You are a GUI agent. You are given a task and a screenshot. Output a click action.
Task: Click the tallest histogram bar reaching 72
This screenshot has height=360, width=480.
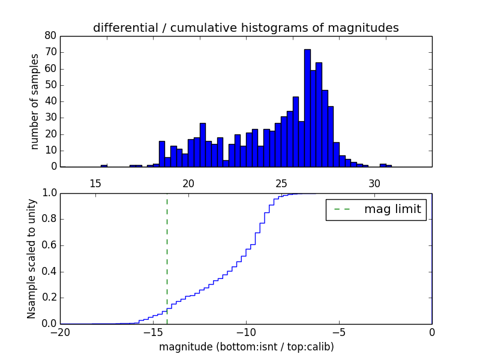[x=307, y=108]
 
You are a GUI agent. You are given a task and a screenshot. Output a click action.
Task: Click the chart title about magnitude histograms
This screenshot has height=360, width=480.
[x=245, y=28]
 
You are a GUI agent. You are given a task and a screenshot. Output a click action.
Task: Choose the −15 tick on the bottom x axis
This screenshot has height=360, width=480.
[x=152, y=332]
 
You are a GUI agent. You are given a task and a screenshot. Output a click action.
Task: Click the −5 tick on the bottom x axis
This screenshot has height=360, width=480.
[x=338, y=332]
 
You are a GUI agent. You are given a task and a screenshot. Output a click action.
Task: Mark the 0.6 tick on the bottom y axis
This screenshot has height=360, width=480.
[x=49, y=245]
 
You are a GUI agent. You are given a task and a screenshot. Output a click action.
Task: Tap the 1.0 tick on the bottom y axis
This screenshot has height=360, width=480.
[x=49, y=193]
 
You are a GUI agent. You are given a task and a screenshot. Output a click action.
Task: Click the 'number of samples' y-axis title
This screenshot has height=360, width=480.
[x=35, y=101]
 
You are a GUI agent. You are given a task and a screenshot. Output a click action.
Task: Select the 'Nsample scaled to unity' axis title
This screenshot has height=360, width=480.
[x=32, y=259]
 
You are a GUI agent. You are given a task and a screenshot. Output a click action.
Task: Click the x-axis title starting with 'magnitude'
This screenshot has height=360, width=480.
[x=246, y=347]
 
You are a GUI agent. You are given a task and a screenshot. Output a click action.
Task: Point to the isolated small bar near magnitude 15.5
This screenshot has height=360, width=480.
[x=104, y=166]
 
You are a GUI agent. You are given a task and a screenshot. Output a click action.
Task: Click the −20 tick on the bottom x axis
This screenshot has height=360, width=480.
[x=60, y=332]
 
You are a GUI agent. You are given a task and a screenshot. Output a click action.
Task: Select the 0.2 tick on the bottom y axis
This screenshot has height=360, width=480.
[x=49, y=298]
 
